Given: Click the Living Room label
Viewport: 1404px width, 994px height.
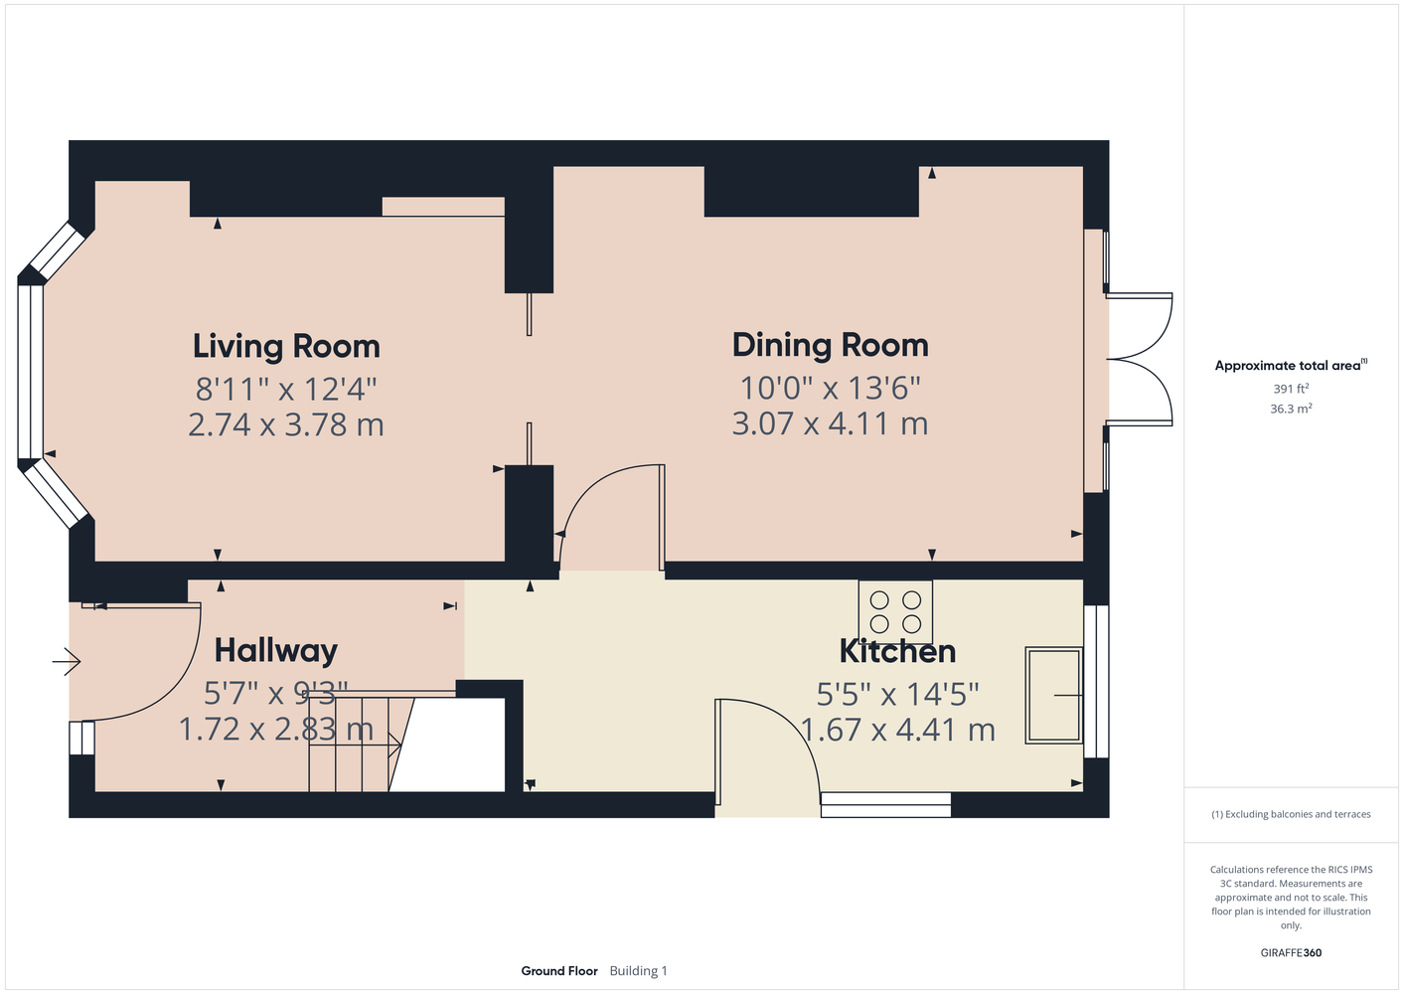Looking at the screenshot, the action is (286, 347).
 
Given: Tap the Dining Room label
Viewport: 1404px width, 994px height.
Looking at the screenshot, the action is (831, 346).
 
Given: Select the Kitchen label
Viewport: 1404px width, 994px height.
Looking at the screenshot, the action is (897, 652).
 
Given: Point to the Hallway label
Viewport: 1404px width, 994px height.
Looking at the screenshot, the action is (276, 651).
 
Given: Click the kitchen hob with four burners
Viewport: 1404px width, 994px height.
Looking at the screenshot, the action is (895, 612).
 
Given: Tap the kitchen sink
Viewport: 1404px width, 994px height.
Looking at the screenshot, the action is (1053, 696).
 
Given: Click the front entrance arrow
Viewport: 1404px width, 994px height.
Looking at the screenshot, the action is (67, 662).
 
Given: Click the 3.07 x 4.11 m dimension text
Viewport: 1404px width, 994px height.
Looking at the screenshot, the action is (830, 423).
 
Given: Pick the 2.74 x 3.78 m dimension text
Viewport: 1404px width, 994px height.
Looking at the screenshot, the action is (286, 425).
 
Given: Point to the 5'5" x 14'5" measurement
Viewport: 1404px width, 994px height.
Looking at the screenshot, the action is (897, 694).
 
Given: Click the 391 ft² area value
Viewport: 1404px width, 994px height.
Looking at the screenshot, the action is (1291, 389).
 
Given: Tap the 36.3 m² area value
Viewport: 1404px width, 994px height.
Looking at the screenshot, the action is (1291, 409).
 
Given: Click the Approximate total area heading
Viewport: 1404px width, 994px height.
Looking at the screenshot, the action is (1291, 365).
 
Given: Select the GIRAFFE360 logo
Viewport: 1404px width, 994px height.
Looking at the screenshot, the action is (1291, 952).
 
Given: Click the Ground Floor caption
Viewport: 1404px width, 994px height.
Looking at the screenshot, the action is (559, 971).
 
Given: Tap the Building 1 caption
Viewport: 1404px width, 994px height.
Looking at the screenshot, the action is (638, 971).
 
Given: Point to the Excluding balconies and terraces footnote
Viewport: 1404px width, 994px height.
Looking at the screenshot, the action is (1291, 814).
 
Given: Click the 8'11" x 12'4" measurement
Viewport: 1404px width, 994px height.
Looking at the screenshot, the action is (286, 390).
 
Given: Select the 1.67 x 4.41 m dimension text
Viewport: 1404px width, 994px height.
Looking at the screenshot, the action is (897, 730).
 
